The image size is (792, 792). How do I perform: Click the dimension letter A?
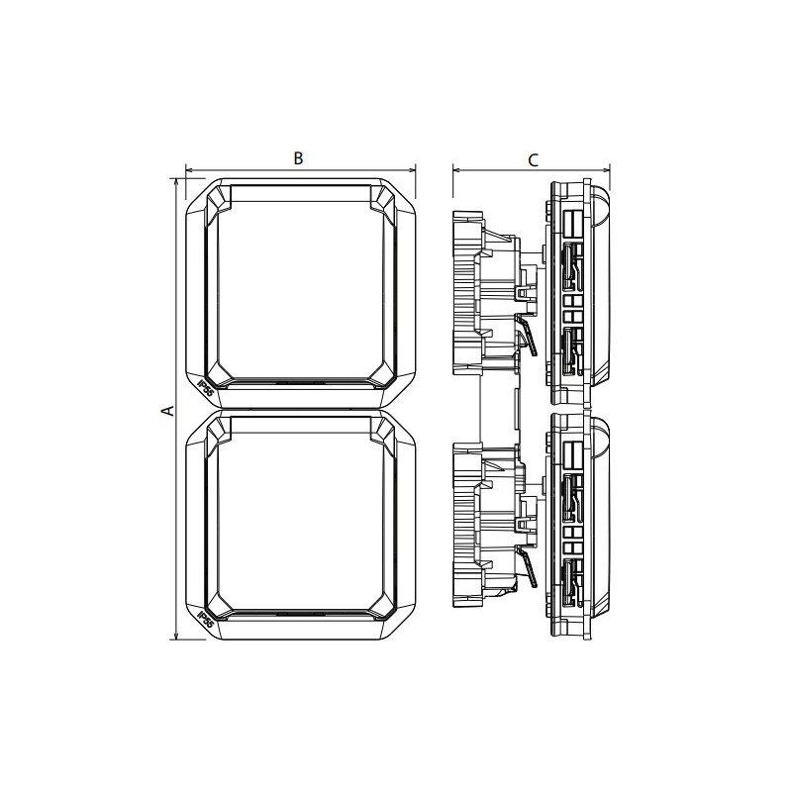point(168,410)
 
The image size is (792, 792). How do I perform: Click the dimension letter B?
point(297,157)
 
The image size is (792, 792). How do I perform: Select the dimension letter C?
point(533,158)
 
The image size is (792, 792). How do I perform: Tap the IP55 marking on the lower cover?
point(206,620)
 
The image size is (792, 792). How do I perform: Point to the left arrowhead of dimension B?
point(189,169)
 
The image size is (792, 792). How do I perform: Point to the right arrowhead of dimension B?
point(412,169)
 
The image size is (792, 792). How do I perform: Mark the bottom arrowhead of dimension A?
point(175,636)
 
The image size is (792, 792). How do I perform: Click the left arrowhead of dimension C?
point(456,169)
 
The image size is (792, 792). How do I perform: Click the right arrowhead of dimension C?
point(607,169)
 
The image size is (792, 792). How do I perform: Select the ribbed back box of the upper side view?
point(465,292)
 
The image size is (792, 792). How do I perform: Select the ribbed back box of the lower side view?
point(465,525)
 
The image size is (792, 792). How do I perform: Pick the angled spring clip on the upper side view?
point(529,339)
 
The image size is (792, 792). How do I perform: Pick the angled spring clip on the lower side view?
point(529,571)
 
